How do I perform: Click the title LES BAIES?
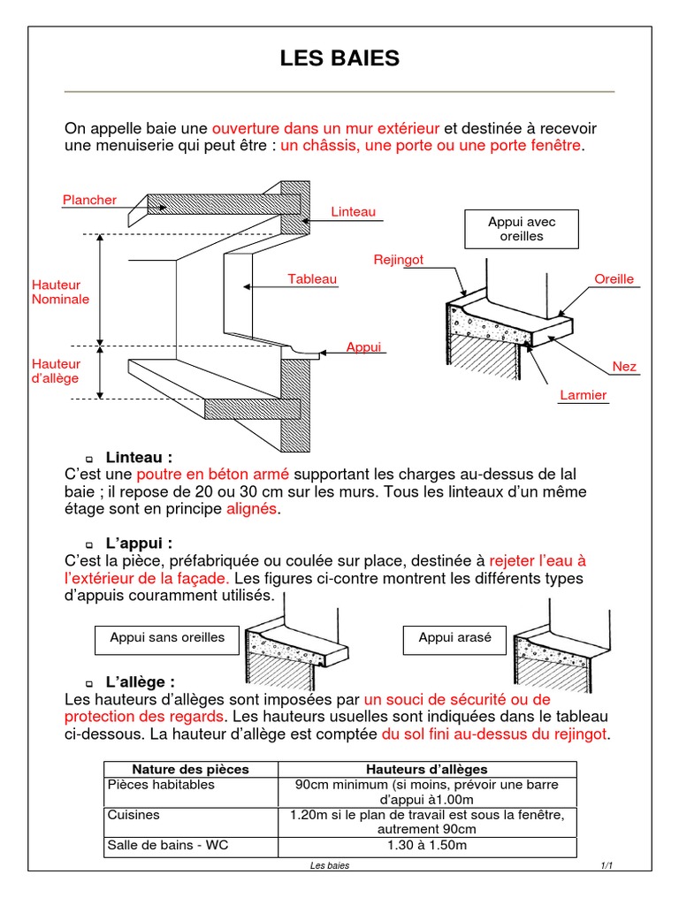point(339,59)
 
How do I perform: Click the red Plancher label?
point(89,200)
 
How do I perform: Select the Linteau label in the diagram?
point(354,212)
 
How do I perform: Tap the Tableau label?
point(312,279)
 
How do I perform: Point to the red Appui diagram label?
point(363,347)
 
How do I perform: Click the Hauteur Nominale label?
point(60,293)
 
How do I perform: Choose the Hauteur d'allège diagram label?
point(56,371)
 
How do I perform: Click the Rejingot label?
point(398,260)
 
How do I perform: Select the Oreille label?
point(614,279)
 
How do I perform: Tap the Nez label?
point(624,366)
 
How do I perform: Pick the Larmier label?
point(584,395)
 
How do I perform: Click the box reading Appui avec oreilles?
point(522,230)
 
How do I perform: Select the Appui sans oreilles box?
point(167,638)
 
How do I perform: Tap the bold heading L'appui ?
point(139,542)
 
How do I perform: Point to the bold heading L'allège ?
point(140,681)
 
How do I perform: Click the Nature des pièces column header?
point(190,769)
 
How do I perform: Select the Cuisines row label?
point(134,815)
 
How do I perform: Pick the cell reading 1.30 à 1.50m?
point(427,846)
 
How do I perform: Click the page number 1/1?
point(607,865)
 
